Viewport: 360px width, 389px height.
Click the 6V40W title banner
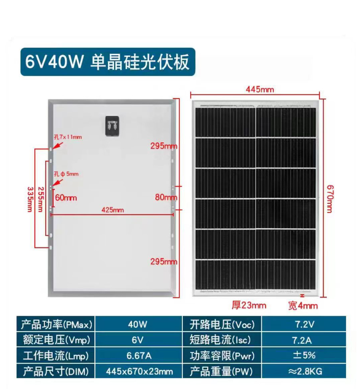pyautogui.click(x=108, y=62)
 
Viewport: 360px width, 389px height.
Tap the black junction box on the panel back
pyautogui.click(x=112, y=126)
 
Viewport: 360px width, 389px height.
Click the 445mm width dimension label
pyautogui.click(x=260, y=89)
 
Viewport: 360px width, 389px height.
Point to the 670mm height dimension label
pyautogui.click(x=330, y=199)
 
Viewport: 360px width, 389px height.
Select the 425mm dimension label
pyautogui.click(x=113, y=210)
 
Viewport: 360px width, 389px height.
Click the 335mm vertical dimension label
pyautogui.click(x=29, y=199)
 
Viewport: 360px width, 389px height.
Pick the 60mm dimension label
pyautogui.click(x=66, y=198)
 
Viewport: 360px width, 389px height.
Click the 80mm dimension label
pyautogui.click(x=166, y=197)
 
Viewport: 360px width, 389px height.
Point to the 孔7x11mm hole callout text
pyautogui.click(x=68, y=137)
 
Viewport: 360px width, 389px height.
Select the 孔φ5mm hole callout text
pyautogui.click(x=66, y=174)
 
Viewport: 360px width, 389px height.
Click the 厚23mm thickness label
pyautogui.click(x=249, y=305)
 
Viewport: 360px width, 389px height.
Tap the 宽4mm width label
pyautogui.click(x=303, y=306)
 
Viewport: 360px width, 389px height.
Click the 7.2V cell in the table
pyautogui.click(x=305, y=324)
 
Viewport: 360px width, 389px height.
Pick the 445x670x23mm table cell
pyautogui.click(x=139, y=371)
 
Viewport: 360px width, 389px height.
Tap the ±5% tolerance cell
pyautogui.click(x=304, y=355)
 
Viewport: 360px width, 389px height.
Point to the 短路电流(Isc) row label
pyautogui.click(x=220, y=340)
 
